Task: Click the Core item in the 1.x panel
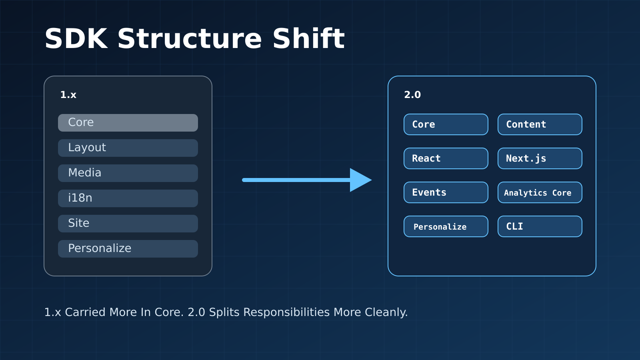click(128, 123)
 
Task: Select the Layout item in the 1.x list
click(128, 148)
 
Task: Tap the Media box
click(128, 173)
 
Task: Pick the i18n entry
click(128, 198)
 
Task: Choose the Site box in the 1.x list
click(128, 224)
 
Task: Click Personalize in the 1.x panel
click(128, 248)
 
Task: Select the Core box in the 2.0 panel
click(446, 124)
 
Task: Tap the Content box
click(540, 124)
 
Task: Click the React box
click(446, 158)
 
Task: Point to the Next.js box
click(540, 158)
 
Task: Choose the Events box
click(446, 192)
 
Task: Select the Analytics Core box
click(540, 192)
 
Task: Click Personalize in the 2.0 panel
click(446, 226)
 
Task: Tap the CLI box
click(540, 226)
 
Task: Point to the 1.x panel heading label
click(68, 95)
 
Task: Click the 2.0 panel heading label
click(412, 95)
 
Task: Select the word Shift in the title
click(308, 38)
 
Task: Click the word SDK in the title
click(76, 39)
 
